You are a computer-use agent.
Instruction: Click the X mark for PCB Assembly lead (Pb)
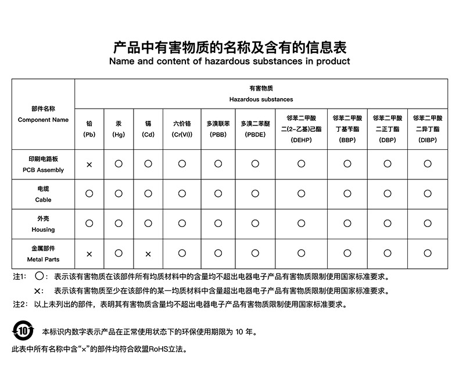point(89,165)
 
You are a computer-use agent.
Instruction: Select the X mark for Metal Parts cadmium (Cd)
point(148,254)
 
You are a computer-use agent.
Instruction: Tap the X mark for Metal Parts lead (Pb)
point(89,254)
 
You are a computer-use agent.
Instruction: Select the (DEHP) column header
point(301,140)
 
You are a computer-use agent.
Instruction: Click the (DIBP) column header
point(428,140)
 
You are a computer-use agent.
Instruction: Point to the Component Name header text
point(43,120)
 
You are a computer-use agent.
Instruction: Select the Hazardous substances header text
point(261,99)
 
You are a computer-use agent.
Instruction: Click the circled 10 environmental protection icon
point(23,332)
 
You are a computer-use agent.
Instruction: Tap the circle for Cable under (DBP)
point(388,193)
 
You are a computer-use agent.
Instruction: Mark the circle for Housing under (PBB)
point(218,223)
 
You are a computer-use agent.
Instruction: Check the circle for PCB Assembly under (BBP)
point(347,164)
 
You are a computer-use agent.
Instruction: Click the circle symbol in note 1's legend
point(39,276)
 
